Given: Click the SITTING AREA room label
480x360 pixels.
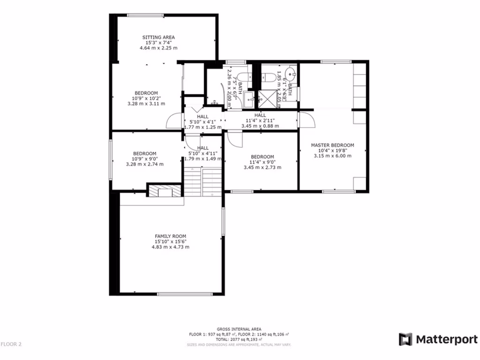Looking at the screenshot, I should coord(158,37).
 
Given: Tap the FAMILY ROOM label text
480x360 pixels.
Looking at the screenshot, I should coord(171,236).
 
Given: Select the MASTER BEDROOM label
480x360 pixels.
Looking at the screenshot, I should coord(332,145).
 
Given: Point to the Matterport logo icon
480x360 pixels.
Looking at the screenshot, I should coord(405,339).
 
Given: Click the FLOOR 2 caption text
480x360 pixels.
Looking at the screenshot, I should coord(11,345).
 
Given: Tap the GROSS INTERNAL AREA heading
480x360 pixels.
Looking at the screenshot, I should coord(239,329).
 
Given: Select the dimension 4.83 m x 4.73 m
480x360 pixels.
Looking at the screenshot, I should coord(171,247).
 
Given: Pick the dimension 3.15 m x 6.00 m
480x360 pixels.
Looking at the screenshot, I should coord(332,156).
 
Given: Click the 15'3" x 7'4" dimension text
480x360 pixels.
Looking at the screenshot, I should coord(158,43).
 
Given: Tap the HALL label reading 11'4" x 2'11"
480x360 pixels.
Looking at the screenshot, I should coord(260,115).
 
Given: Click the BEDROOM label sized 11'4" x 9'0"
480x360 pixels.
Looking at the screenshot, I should coord(262,157).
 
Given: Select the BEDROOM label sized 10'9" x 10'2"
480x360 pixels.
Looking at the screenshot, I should coord(146,93).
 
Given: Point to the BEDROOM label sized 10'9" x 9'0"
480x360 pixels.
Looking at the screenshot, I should coord(144,153).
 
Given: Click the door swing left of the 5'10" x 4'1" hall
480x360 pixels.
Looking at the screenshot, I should coord(173,121).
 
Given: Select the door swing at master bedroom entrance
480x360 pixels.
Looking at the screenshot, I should coord(305,120).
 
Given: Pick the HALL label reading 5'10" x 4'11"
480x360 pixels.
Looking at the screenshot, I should coord(202,148).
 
